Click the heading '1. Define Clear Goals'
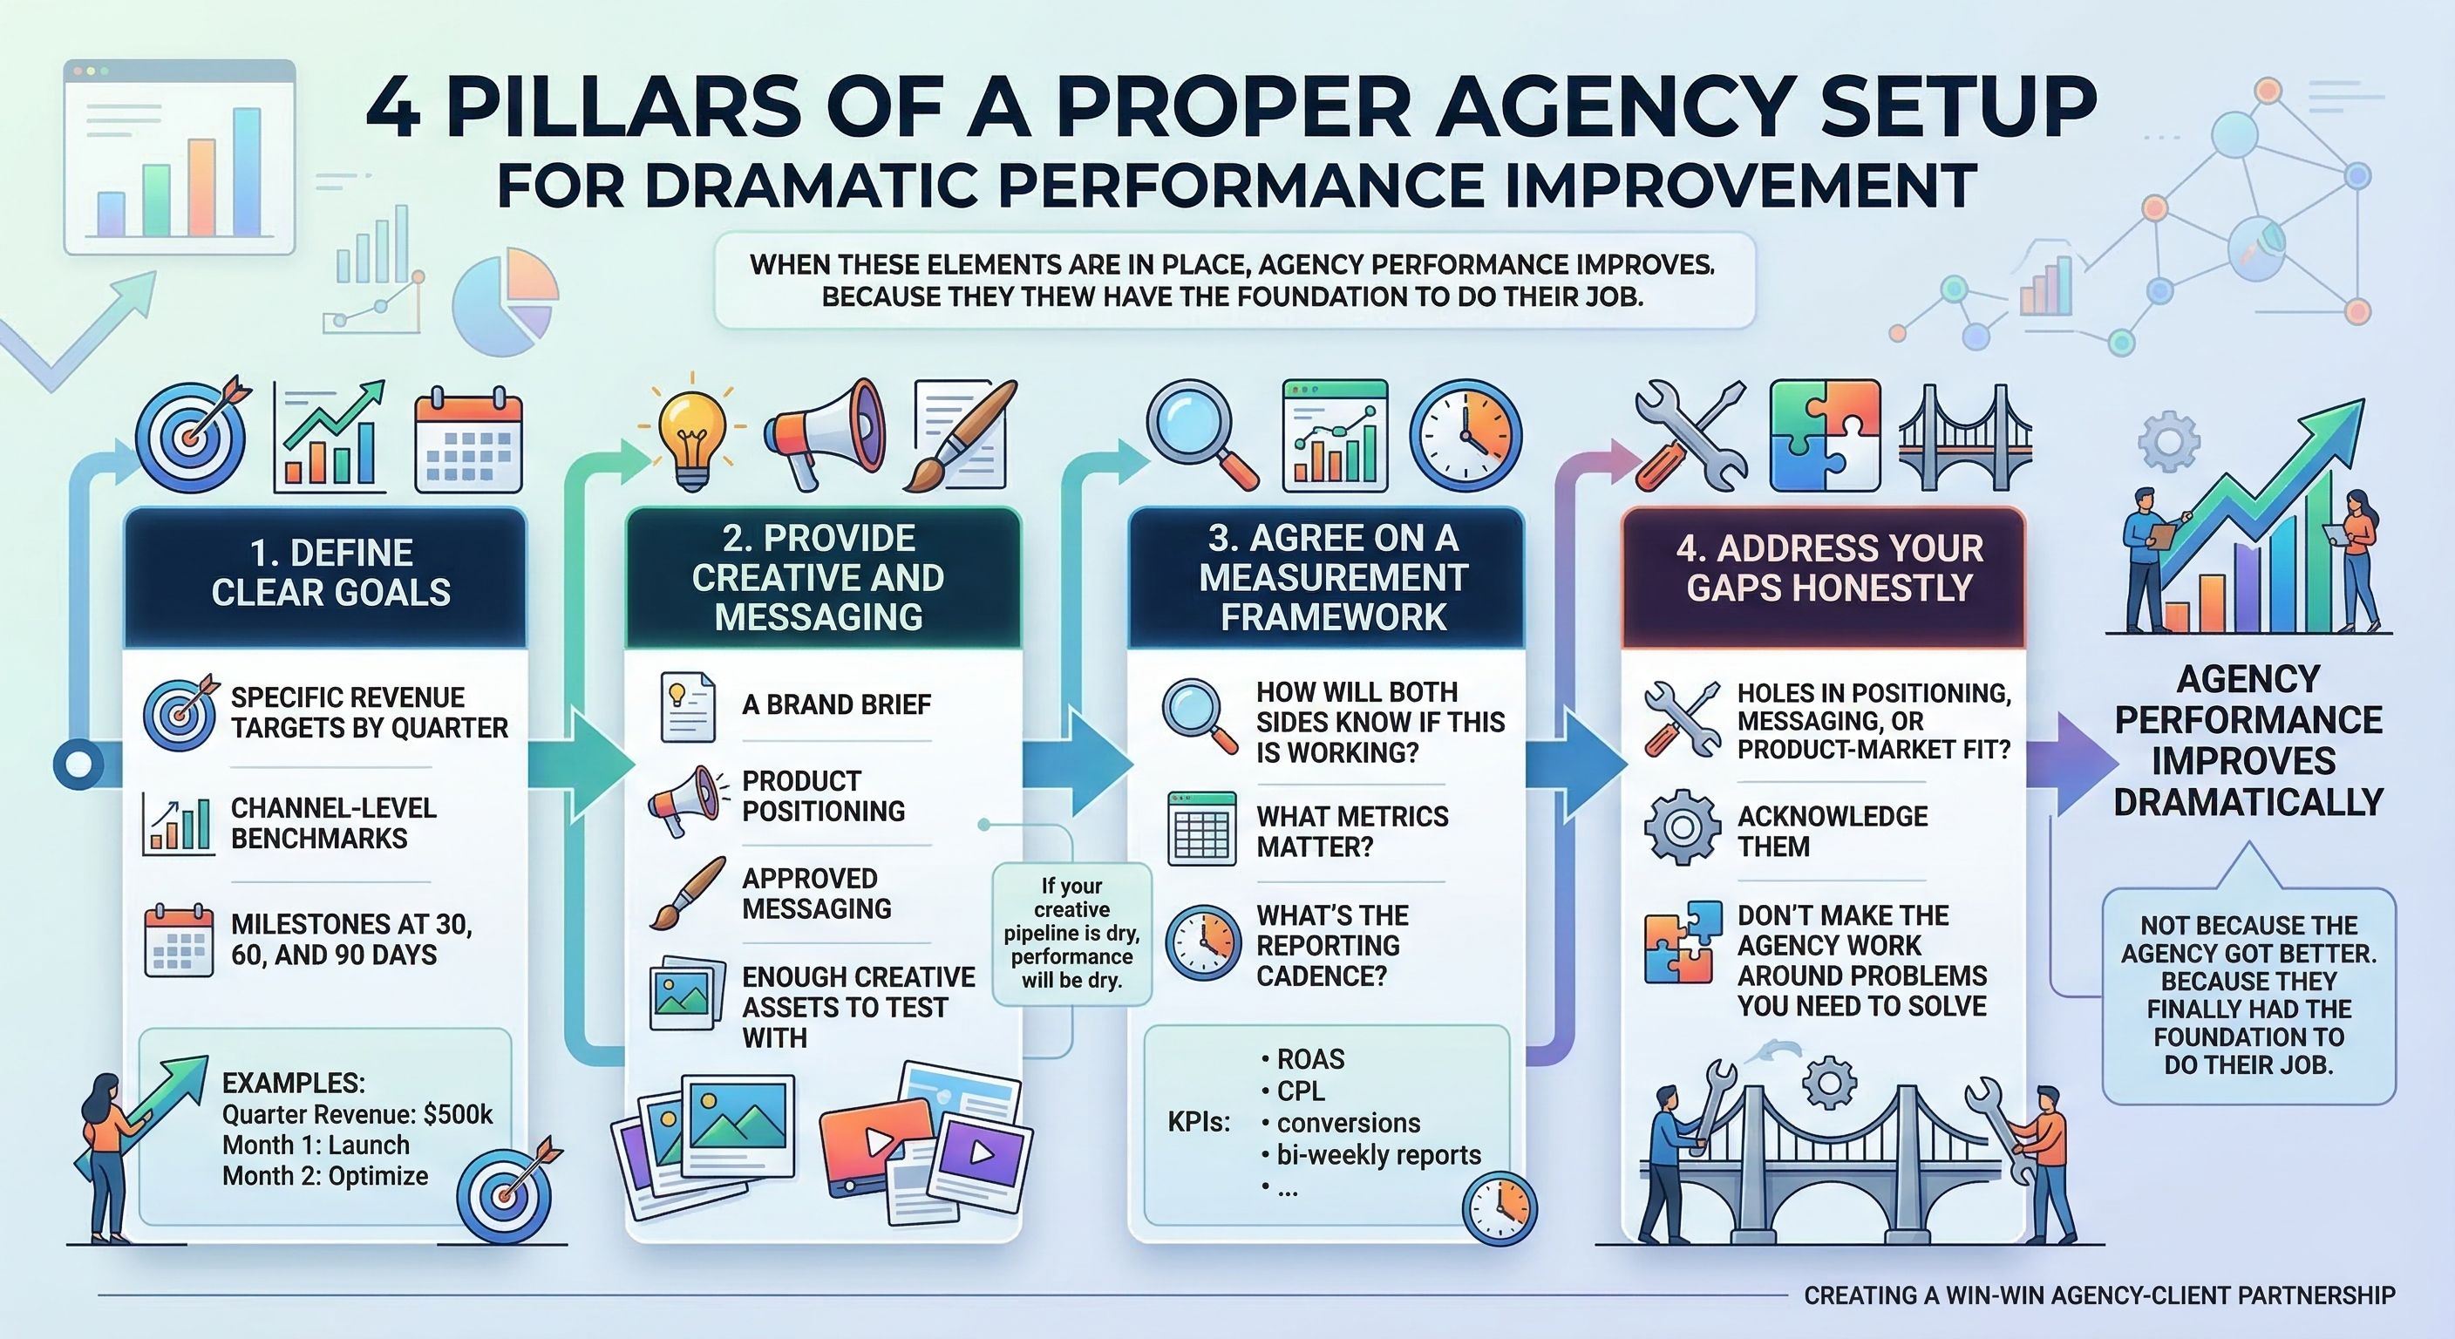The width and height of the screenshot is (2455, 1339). (x=330, y=573)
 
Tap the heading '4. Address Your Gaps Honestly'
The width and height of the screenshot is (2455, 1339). (x=1829, y=568)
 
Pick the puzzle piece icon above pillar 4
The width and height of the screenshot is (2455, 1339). (x=1824, y=435)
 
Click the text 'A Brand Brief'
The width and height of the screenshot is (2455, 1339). (x=836, y=704)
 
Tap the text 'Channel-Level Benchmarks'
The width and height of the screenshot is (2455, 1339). (x=334, y=824)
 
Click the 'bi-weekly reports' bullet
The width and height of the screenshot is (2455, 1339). (x=1378, y=1155)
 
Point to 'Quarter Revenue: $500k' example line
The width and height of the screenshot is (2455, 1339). (x=357, y=1114)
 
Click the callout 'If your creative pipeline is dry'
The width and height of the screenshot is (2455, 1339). (x=1071, y=933)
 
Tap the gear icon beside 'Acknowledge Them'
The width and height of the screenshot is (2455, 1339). (x=1681, y=826)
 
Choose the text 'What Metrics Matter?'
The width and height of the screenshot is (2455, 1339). (x=1351, y=831)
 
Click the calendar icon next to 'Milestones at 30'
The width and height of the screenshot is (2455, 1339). (x=178, y=940)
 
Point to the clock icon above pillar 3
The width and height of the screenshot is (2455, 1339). (x=1465, y=437)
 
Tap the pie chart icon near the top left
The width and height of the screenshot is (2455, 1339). (x=506, y=302)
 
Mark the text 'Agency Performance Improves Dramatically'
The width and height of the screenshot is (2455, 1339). (x=2248, y=740)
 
